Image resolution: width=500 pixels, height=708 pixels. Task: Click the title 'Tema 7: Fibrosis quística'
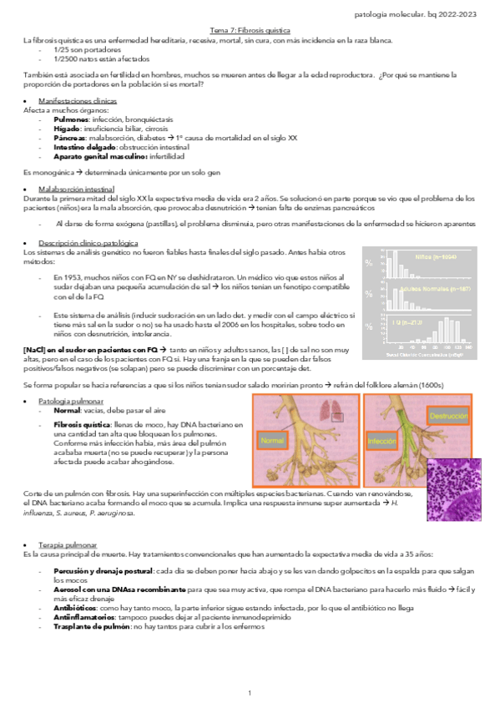tap(250, 29)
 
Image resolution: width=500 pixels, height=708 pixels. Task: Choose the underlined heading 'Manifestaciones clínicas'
tap(83, 100)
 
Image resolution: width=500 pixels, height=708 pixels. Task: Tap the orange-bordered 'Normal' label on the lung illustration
tap(273, 440)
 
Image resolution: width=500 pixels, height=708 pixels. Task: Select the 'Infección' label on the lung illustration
tap(381, 440)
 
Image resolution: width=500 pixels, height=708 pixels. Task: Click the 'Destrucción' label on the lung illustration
tap(448, 414)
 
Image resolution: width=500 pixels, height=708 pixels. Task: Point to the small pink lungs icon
tap(334, 408)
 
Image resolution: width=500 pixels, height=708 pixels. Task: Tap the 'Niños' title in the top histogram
tap(434, 257)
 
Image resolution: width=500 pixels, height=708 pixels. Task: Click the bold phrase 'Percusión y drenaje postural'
tap(102, 569)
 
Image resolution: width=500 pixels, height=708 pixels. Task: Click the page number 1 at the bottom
tap(250, 693)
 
